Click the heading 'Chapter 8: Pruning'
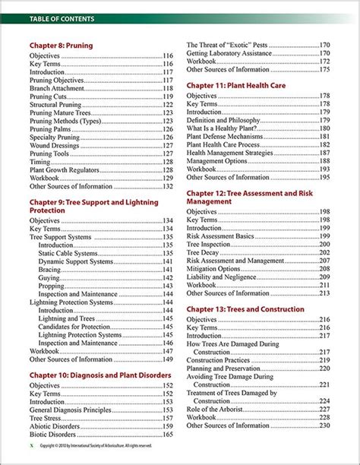coord(62,46)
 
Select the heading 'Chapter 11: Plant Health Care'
coord(236,86)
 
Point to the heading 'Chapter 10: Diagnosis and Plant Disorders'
coord(99,375)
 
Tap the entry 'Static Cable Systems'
coord(68,254)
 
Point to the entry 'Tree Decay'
coord(206,252)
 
